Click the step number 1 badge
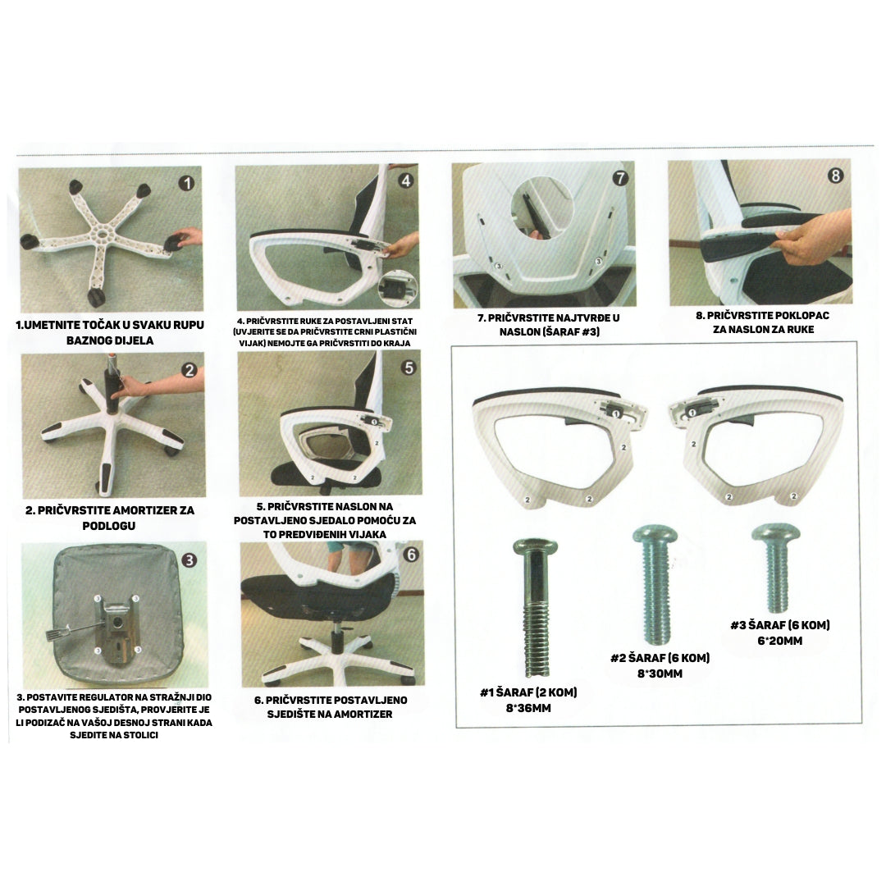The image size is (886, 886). click(186, 183)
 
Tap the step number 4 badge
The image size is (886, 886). click(406, 180)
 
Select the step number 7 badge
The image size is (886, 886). click(620, 178)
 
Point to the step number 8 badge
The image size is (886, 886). click(835, 176)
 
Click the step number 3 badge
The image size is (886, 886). click(189, 560)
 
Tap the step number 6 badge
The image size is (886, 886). click(411, 555)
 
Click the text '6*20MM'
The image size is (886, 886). click(780, 641)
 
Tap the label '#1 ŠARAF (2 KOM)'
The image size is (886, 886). click(528, 692)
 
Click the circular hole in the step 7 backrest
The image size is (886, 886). click(542, 207)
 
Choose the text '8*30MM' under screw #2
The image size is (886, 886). click(660, 674)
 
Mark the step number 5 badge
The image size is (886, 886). click(409, 368)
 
